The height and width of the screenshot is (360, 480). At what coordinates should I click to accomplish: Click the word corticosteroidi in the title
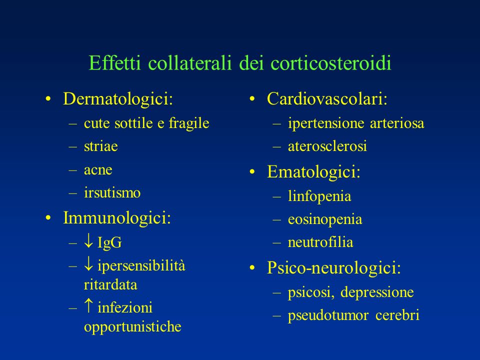(331, 63)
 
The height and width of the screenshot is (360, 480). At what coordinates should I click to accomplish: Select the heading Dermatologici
(118, 99)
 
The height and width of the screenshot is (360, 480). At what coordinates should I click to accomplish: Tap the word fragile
(189, 123)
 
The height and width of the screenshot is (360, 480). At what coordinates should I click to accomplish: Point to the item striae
(100, 146)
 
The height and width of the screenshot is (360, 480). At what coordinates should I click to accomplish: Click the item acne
(98, 170)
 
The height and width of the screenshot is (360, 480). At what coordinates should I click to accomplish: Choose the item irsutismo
(112, 193)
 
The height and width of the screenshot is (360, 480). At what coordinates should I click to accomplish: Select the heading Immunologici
(116, 218)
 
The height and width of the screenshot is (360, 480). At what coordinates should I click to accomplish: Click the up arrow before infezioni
(88, 305)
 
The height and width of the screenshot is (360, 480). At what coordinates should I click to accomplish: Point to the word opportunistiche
(132, 327)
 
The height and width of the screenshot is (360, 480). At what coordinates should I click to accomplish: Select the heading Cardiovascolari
(327, 99)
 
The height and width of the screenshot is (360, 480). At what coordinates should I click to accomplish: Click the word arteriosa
(397, 123)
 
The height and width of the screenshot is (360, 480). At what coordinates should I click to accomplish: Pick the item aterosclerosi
(327, 146)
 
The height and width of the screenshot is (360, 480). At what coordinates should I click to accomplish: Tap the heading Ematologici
(313, 172)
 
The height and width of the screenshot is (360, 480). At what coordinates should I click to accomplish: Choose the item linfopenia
(319, 196)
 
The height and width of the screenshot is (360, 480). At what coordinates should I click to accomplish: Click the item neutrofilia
(320, 242)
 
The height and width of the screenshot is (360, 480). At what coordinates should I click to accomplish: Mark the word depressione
(377, 292)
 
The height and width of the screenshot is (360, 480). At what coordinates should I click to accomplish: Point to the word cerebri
(397, 315)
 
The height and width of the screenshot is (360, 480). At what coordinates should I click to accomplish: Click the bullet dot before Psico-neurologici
(252, 268)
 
